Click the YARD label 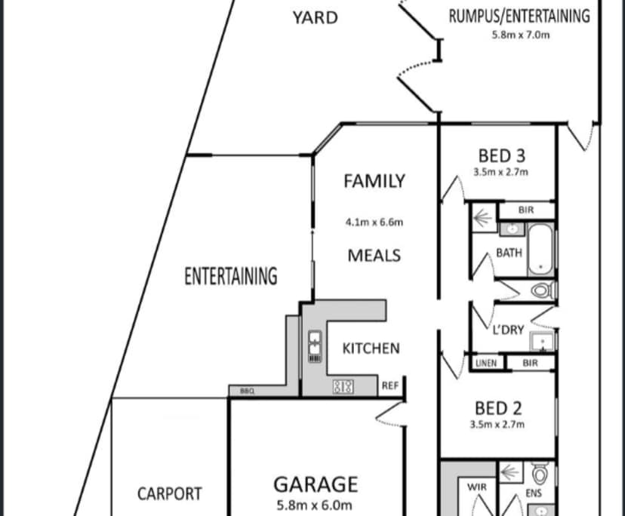(315, 17)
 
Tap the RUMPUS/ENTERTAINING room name (519, 16)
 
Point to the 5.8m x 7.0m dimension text (519, 34)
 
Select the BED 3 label (501, 155)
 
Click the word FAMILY (374, 181)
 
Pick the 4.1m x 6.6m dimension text (374, 222)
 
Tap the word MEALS (374, 255)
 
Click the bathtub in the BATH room (540, 248)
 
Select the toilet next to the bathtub (542, 290)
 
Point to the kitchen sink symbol (315, 348)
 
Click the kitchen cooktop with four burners (343, 387)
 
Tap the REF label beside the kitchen (389, 385)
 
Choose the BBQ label (246, 391)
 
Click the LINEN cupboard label (486, 363)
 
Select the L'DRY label (508, 330)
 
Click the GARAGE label (315, 484)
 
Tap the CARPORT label (169, 494)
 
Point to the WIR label (478, 487)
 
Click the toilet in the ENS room (540, 475)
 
